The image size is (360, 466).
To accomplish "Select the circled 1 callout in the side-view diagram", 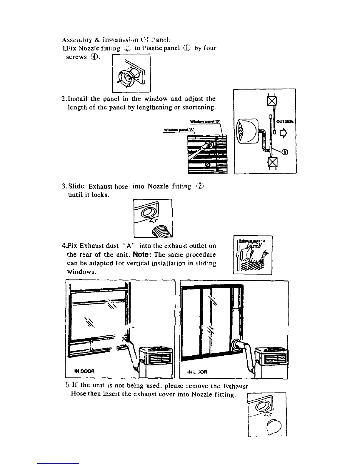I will (x=285, y=152).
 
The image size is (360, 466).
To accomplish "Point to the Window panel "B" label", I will (x=207, y=122).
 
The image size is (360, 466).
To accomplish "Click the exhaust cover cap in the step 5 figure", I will (x=272, y=425).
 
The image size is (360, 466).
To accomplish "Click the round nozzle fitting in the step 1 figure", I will (x=129, y=77).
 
